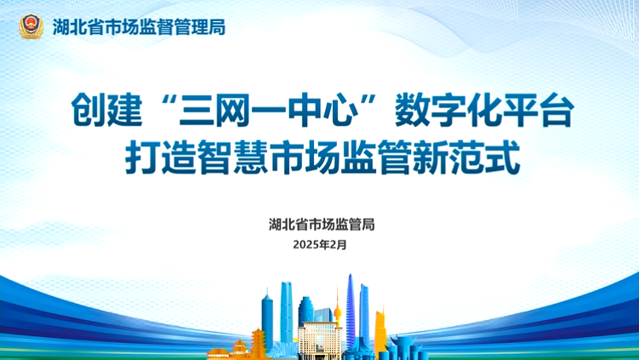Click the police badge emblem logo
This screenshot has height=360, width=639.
31,26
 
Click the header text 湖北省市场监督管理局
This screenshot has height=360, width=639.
140,26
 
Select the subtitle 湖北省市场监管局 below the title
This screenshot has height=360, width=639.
321,225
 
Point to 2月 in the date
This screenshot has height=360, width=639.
339,244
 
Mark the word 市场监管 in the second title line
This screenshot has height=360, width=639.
341,157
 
